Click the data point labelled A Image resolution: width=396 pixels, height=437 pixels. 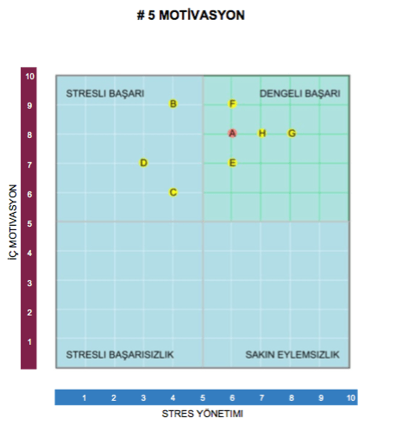point(232,133)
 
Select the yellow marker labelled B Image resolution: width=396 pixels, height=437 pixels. point(173,103)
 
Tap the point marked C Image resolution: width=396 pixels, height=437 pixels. point(173,192)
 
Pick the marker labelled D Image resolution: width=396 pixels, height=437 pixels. point(144,163)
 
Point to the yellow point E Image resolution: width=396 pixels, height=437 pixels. point(232,163)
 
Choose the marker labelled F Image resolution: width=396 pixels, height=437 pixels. point(232,103)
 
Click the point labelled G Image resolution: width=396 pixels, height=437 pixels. point(292,133)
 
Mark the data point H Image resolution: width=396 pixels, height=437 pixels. point(262,133)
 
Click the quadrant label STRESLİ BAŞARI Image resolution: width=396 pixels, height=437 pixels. point(105,93)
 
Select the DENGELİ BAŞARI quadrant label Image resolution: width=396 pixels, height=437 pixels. point(300,93)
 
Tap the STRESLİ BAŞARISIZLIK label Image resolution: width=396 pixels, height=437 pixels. point(121,354)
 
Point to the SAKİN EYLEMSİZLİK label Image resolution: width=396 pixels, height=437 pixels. point(292,354)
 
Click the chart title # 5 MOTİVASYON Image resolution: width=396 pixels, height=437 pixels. point(197,16)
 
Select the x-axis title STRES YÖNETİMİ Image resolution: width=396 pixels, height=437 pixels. point(204,414)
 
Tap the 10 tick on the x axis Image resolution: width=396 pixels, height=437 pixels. point(351,397)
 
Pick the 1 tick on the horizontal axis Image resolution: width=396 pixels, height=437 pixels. point(85,397)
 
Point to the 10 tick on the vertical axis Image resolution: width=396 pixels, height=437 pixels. point(29,76)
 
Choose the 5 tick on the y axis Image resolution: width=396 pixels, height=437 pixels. point(29,223)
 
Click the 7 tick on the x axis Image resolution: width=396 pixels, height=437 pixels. point(262,397)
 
